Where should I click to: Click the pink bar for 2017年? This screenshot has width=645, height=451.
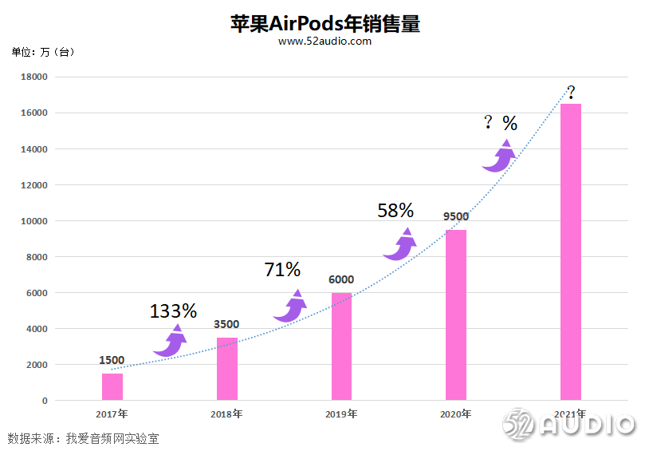[112, 386]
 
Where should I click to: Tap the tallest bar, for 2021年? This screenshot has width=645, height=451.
[570, 251]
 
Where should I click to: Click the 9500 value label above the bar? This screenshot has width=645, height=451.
[456, 216]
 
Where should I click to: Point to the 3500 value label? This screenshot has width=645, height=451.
[226, 324]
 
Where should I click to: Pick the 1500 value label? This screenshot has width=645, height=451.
[112, 360]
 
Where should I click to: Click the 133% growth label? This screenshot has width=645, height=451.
[173, 311]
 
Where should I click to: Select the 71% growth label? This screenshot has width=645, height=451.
[282, 270]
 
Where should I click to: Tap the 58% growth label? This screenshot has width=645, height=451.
[395, 211]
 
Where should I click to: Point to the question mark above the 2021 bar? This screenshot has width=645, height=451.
[571, 91]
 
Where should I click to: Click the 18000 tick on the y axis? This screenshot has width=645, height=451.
[34, 77]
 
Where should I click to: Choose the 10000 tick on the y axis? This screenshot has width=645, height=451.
[34, 221]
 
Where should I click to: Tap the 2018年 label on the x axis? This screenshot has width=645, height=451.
[226, 414]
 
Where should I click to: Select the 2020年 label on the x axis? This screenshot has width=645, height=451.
[455, 414]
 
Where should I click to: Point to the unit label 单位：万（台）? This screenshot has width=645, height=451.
[42, 53]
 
